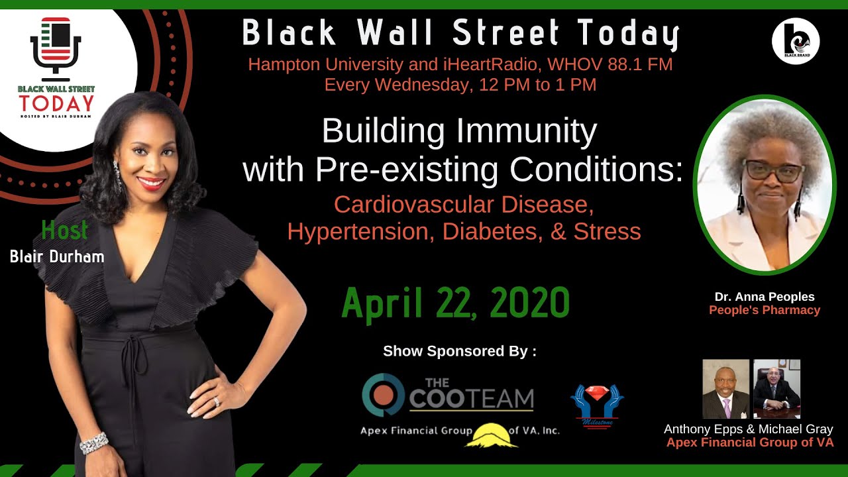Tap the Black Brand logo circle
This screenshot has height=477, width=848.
(x=796, y=41)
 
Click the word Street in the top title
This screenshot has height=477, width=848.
(x=505, y=32)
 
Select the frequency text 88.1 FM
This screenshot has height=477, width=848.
(x=640, y=64)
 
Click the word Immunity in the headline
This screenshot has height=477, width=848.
(x=527, y=132)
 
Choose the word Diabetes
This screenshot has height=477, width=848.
(x=492, y=232)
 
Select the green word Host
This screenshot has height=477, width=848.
(x=65, y=230)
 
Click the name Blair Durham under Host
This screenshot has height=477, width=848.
(x=57, y=256)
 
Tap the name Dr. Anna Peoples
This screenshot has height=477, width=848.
(x=765, y=297)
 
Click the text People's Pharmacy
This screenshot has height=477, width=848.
(x=765, y=310)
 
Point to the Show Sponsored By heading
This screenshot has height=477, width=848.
(x=460, y=351)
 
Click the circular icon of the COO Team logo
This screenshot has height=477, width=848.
(x=383, y=395)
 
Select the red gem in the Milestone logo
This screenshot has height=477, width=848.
(x=597, y=394)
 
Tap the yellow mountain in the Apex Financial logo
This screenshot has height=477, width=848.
(x=491, y=435)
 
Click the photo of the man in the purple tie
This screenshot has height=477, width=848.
(x=725, y=389)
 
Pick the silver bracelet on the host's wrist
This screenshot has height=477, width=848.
(x=94, y=443)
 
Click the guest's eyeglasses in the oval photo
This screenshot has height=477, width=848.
(x=774, y=171)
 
